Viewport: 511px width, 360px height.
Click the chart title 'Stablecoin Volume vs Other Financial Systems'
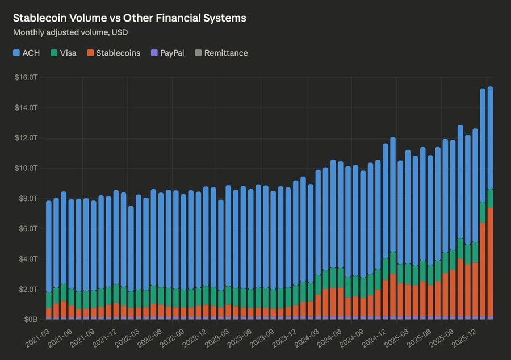[x=129, y=18]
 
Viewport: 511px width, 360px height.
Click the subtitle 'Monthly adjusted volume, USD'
[x=70, y=32]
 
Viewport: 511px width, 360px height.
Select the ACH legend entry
[x=27, y=53]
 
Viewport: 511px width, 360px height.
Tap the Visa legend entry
[x=63, y=53]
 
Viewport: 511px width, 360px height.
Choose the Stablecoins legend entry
[x=113, y=53]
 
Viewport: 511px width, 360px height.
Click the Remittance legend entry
[x=221, y=53]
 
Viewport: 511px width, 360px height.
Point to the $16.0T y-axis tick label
[x=26, y=77]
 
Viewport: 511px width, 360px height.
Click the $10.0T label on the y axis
[x=26, y=168]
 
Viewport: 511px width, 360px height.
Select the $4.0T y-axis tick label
[x=28, y=259]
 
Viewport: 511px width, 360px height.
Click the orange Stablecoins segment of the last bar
[x=490, y=261]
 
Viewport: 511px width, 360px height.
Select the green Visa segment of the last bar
[x=490, y=198]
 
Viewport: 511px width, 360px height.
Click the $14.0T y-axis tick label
[x=26, y=107]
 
